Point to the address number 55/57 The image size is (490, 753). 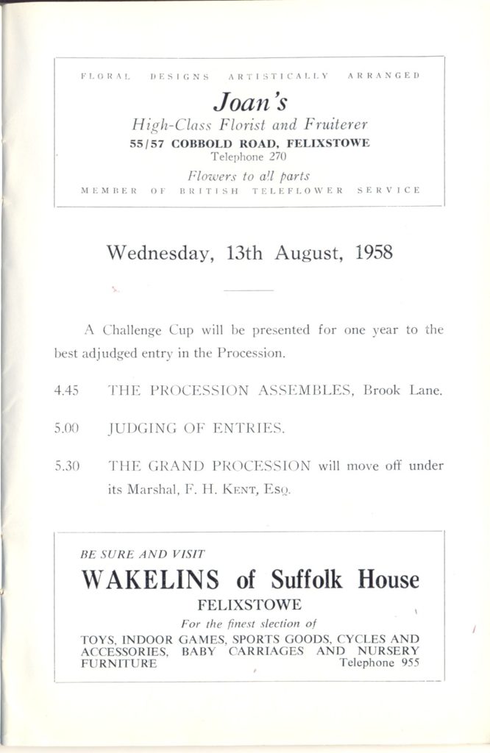(146, 143)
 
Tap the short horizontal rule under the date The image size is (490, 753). (248, 292)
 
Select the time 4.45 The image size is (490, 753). (67, 391)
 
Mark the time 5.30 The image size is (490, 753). (67, 465)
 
